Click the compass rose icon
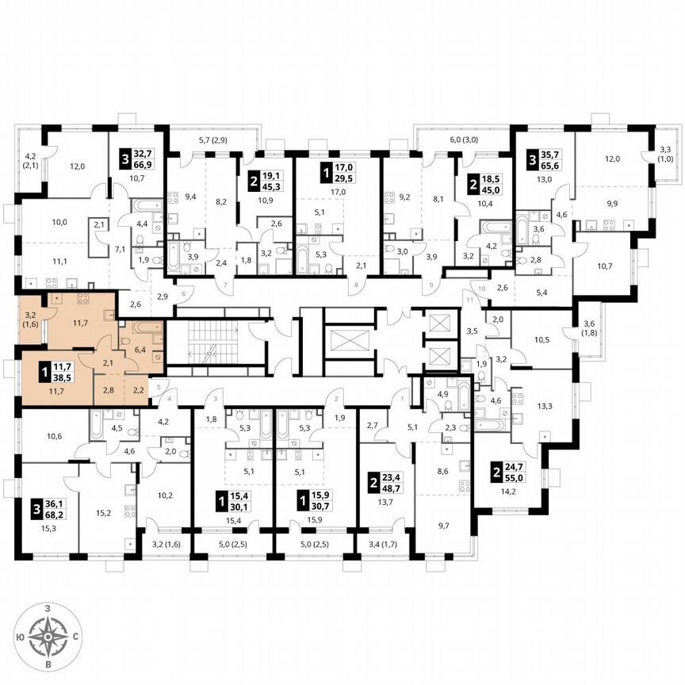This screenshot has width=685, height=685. pos(48,636)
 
